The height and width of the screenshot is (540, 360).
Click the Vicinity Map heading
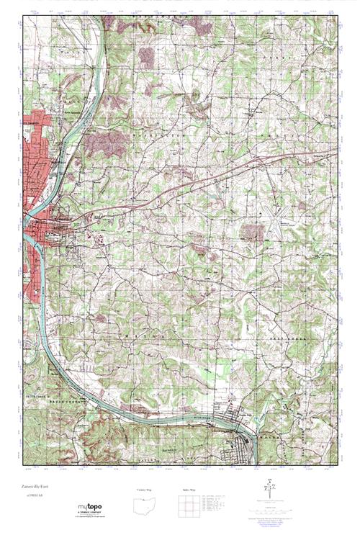(x=145, y=490)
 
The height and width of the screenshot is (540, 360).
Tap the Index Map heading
(x=189, y=490)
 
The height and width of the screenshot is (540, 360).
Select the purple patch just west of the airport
(x=251, y=231)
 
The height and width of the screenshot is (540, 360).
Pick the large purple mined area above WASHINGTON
(x=104, y=147)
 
